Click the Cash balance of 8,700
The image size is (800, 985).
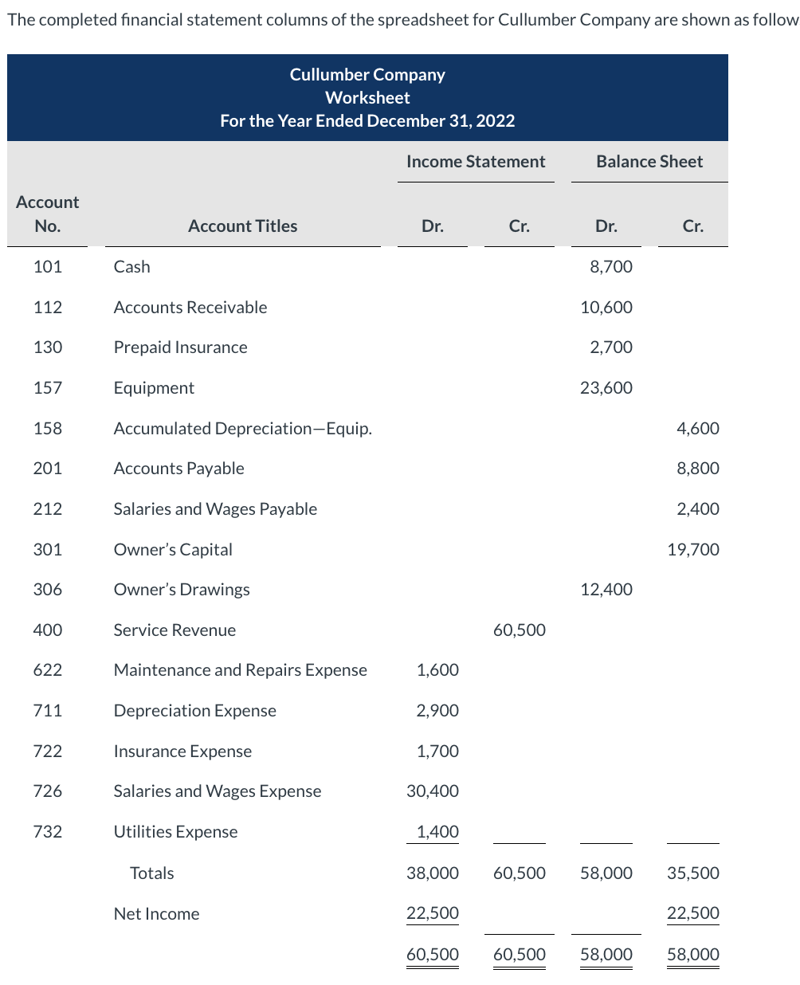tap(610, 267)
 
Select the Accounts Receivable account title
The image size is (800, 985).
tap(190, 308)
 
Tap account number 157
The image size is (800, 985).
tap(48, 388)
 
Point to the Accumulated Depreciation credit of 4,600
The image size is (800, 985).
tap(697, 429)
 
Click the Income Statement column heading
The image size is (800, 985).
tap(476, 162)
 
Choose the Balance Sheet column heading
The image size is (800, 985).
tap(649, 162)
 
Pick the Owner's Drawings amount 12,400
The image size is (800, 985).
tap(606, 590)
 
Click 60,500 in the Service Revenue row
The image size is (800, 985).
tap(519, 630)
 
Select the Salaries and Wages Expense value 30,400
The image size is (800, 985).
tap(433, 791)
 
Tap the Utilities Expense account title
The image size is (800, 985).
tap(175, 832)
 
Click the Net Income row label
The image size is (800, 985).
tap(156, 914)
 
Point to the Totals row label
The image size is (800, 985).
tap(151, 873)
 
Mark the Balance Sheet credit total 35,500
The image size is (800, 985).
tap(692, 873)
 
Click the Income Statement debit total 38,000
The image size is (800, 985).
tap(433, 873)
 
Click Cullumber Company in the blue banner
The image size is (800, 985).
tap(367, 75)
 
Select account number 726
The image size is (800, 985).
tap(48, 791)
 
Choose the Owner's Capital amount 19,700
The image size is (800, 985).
tap(692, 550)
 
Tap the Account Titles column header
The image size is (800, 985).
tap(242, 226)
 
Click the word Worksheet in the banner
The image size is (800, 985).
tap(367, 98)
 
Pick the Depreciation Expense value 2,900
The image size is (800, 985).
tap(437, 711)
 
